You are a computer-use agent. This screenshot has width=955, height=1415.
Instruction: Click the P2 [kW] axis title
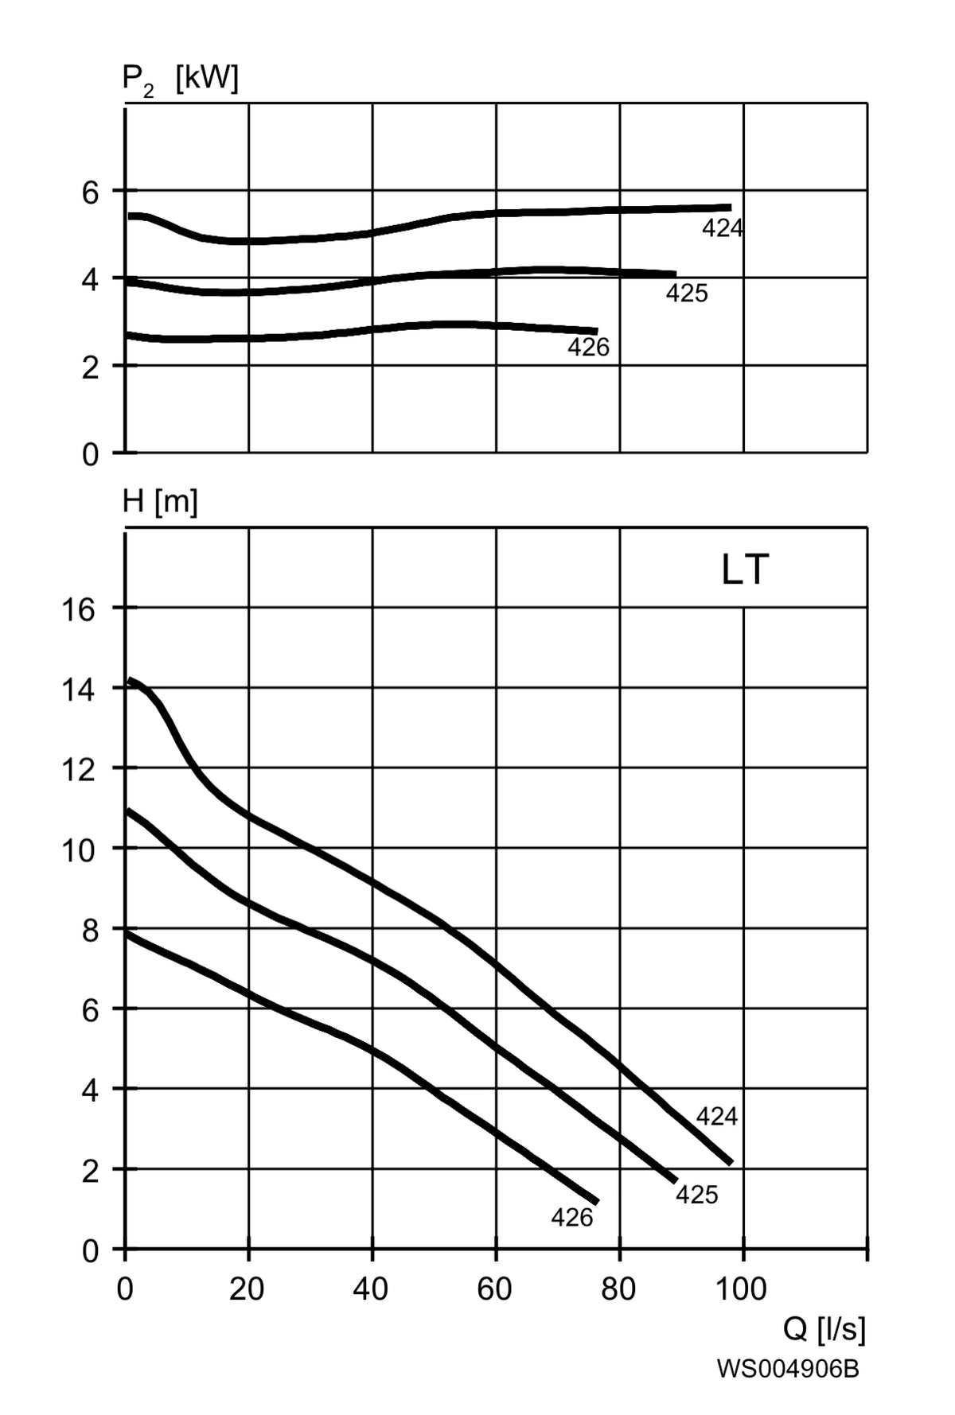(x=180, y=80)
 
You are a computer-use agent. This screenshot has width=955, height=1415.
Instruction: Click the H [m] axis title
(x=160, y=502)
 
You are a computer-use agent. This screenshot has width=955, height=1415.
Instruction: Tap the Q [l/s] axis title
(x=824, y=1328)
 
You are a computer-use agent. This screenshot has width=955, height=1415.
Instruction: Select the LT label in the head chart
(x=745, y=570)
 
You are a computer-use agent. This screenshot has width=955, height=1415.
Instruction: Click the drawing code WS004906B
(x=788, y=1369)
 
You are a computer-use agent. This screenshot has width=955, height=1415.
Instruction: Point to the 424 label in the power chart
(x=723, y=229)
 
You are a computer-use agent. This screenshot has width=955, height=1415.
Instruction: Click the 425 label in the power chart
(x=687, y=294)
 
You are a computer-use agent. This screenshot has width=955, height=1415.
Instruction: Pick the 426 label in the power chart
(x=588, y=348)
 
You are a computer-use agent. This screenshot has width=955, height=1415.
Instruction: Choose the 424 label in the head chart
(x=717, y=1117)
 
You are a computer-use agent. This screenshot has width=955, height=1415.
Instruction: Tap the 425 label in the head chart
(x=697, y=1195)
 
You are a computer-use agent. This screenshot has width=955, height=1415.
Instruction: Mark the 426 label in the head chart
(x=572, y=1218)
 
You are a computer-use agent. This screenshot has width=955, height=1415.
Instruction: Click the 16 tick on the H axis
(x=78, y=610)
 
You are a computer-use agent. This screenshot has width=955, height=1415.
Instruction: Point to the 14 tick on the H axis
(x=78, y=690)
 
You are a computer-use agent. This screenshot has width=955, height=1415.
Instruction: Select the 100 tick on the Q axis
(x=742, y=1289)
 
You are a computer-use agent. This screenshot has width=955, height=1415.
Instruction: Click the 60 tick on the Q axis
(x=494, y=1289)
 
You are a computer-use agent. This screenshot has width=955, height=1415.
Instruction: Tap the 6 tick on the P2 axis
(x=91, y=192)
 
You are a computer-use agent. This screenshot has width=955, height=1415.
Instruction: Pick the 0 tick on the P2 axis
(x=91, y=455)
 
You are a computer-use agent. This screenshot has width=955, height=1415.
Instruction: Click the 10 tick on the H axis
(x=78, y=851)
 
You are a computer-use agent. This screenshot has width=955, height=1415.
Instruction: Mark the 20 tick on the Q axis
(x=247, y=1289)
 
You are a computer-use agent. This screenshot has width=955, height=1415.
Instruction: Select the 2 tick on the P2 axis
(x=91, y=368)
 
